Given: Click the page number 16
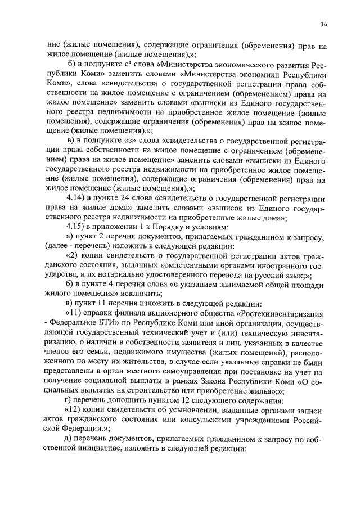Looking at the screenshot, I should click(x=324, y=24).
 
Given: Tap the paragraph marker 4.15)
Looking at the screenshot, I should click(x=76, y=225).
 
